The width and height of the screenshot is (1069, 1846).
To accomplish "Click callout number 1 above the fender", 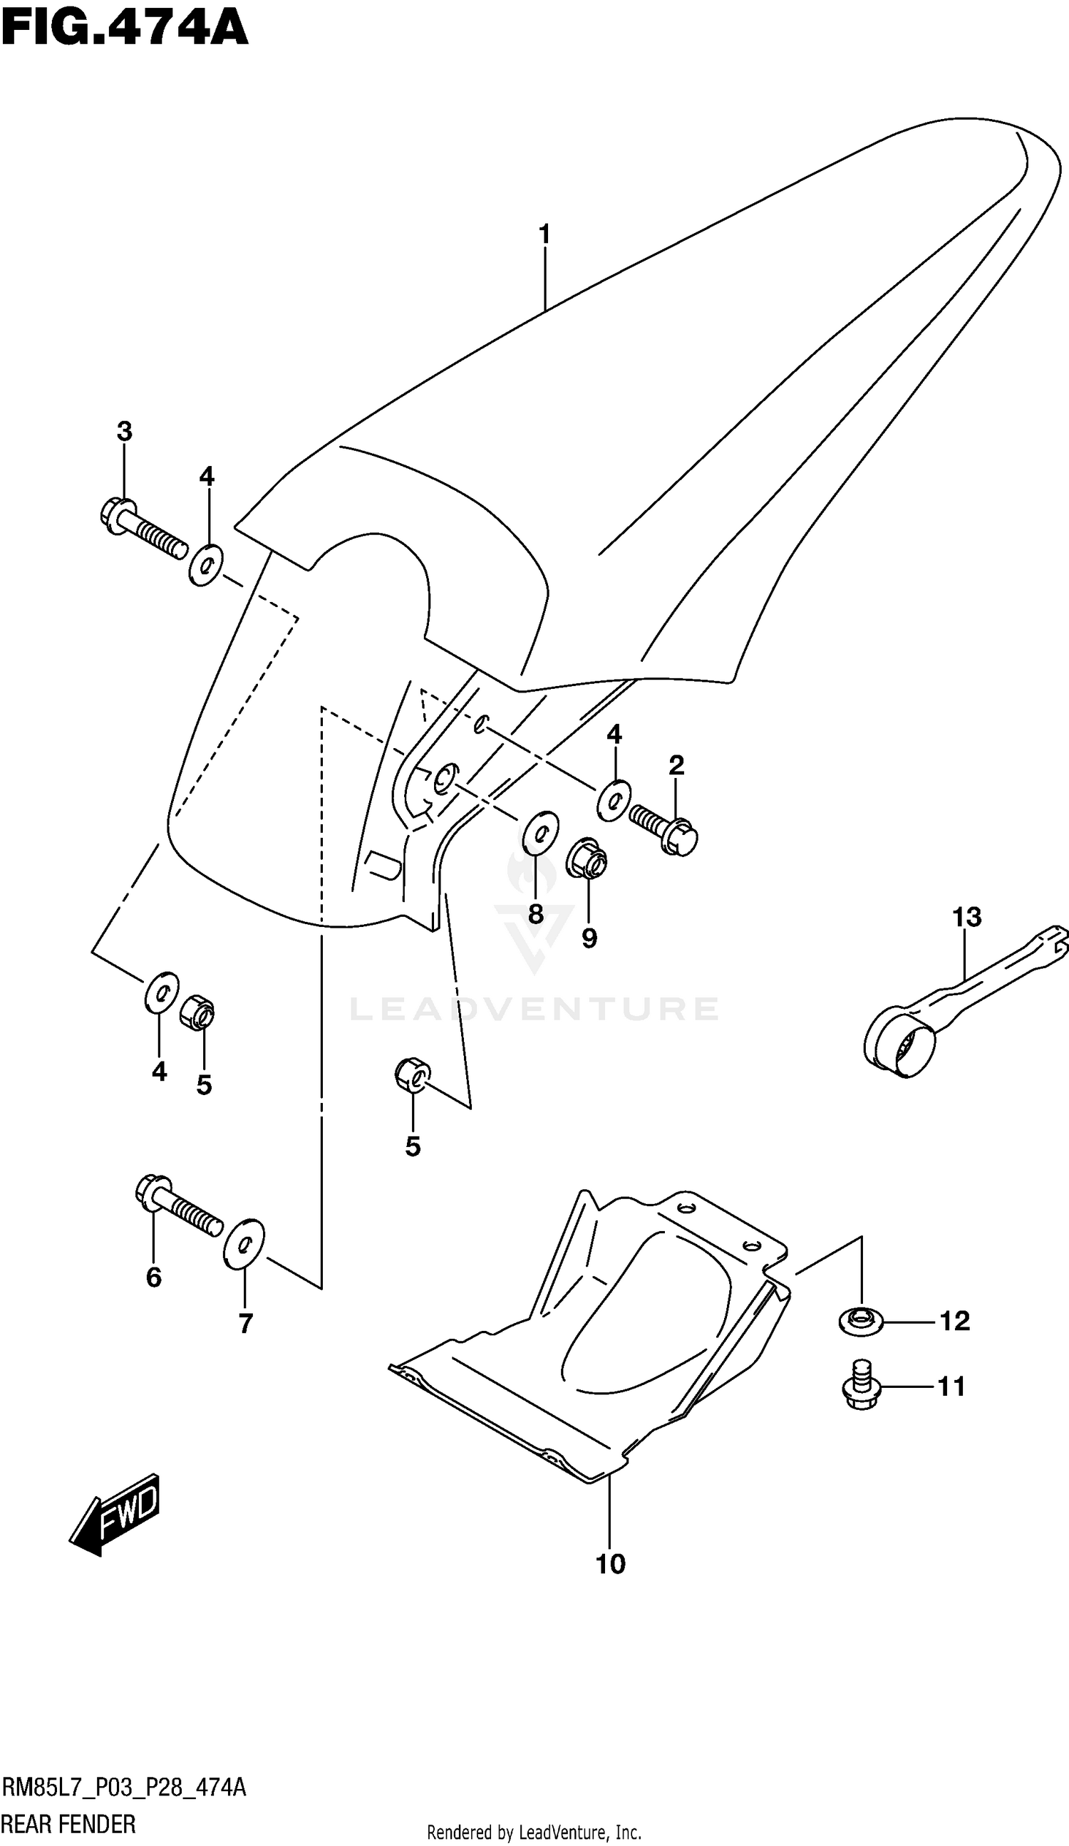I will pos(544,235).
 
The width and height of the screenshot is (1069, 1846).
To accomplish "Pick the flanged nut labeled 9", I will pos(588,858).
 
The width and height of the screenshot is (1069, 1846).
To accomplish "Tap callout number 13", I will pos(966,916).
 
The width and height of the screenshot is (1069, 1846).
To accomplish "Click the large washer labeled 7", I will pos(244,1243).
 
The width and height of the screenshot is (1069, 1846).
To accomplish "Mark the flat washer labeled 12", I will pos(861,1321).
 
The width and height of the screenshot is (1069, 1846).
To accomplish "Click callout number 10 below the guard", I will pos(610,1565).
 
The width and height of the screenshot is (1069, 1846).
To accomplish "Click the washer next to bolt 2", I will pos(614,800).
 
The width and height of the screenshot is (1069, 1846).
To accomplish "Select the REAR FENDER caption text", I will pos(69,1824).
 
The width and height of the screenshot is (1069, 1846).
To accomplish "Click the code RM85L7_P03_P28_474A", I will pos(125,1788).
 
